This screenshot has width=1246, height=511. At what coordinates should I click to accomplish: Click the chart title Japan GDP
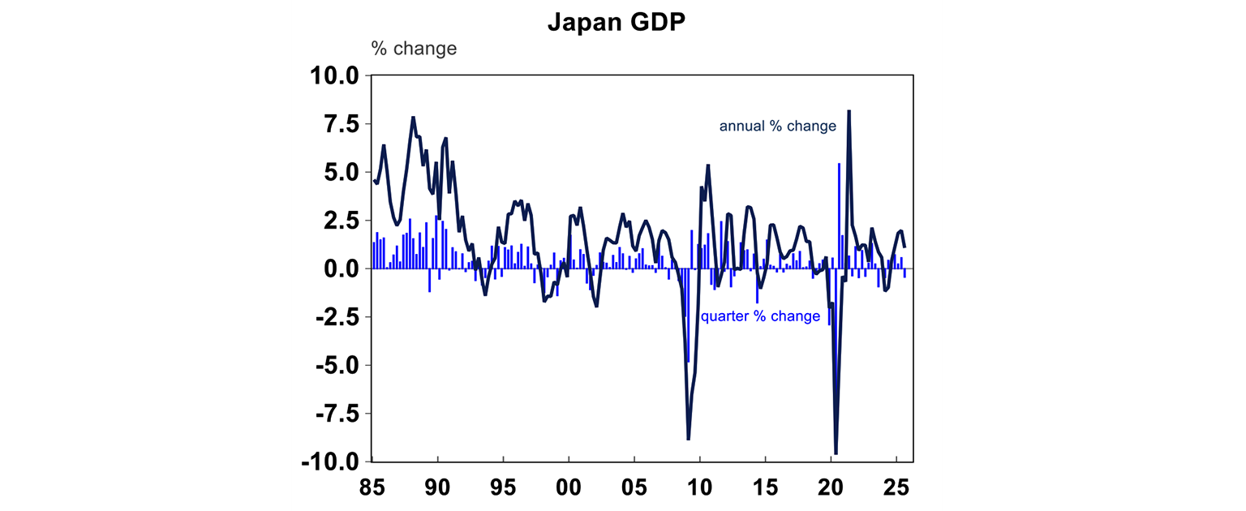(x=617, y=22)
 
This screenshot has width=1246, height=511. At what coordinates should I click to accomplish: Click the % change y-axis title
(x=414, y=49)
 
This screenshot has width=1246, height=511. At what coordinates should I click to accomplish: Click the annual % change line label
(x=777, y=127)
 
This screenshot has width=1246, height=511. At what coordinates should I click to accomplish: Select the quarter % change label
(x=760, y=316)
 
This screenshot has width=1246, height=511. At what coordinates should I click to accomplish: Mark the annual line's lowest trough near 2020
(x=836, y=453)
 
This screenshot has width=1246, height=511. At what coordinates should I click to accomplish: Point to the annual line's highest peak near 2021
(x=849, y=111)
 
